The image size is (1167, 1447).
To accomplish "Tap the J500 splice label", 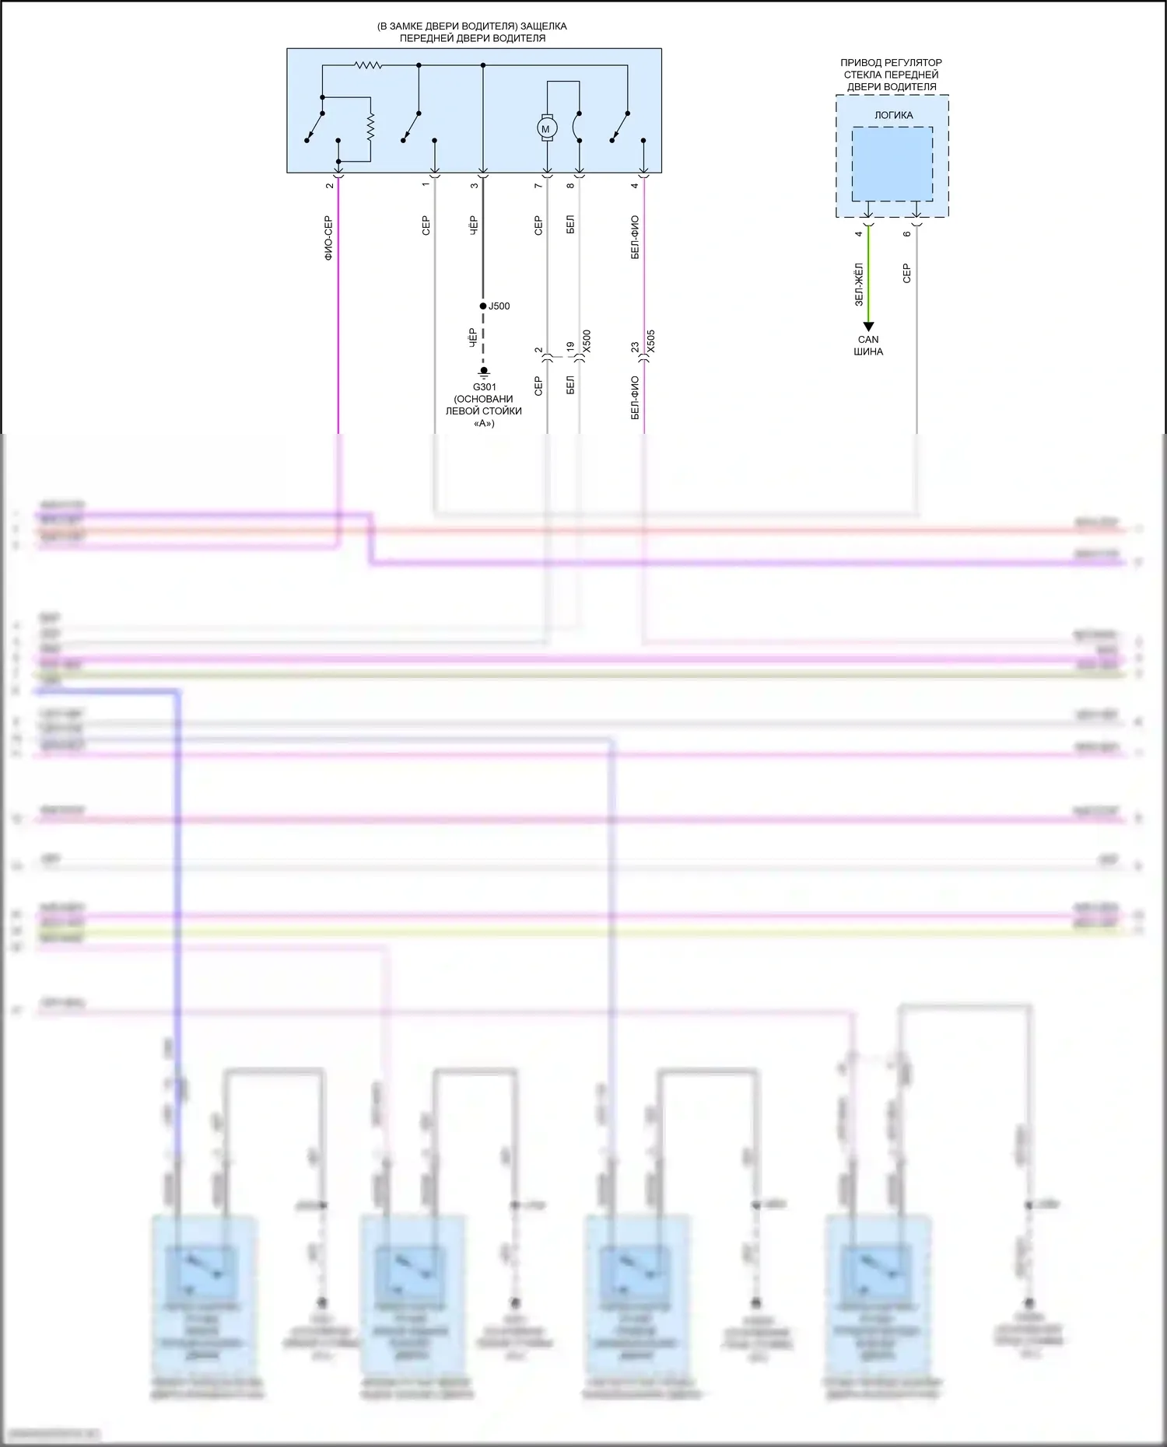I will [x=499, y=306].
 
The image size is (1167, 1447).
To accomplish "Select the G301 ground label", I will [x=484, y=387].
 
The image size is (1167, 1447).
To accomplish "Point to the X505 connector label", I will [x=651, y=341].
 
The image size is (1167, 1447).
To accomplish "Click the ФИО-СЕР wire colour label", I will [x=328, y=237].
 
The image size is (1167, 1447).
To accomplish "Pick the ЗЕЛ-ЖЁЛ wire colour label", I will [x=859, y=284].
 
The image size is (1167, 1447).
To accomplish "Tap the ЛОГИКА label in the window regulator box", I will [x=893, y=115].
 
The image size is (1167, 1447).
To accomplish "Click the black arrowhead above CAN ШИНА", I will [x=868, y=327].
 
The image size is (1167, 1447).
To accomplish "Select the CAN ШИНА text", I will [x=868, y=345].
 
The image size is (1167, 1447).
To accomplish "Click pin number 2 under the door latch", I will [x=330, y=185].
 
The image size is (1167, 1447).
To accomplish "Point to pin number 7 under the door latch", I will [x=538, y=185].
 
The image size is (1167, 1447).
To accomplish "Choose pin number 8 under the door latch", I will [x=570, y=185].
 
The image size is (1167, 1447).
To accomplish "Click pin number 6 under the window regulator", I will [x=907, y=233].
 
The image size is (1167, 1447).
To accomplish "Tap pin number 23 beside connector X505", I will [x=635, y=347].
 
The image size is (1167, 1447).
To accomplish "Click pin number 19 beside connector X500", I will [x=570, y=347].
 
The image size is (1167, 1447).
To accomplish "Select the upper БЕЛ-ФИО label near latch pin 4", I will [x=635, y=237].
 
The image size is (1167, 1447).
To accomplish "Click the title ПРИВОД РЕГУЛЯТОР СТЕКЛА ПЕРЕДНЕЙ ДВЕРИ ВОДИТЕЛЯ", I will [x=892, y=75].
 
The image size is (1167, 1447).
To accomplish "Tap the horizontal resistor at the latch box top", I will [x=369, y=65].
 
